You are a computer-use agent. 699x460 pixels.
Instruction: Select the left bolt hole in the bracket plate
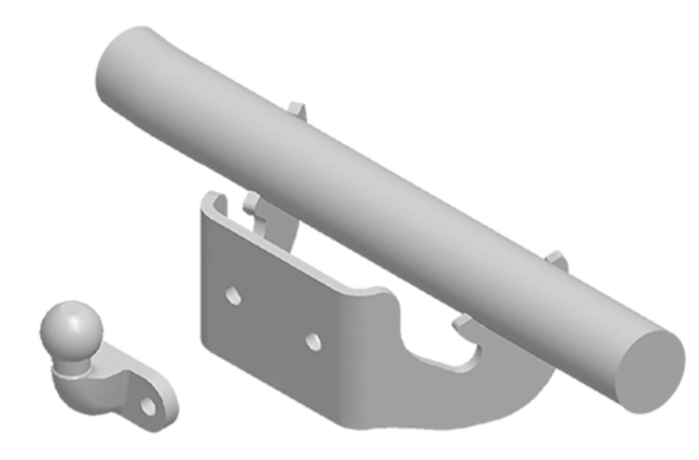[233, 296]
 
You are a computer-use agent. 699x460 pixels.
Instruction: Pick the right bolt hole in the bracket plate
[313, 341]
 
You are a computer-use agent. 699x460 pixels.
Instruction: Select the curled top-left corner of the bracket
[212, 198]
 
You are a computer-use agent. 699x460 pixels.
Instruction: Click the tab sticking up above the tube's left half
[296, 109]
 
